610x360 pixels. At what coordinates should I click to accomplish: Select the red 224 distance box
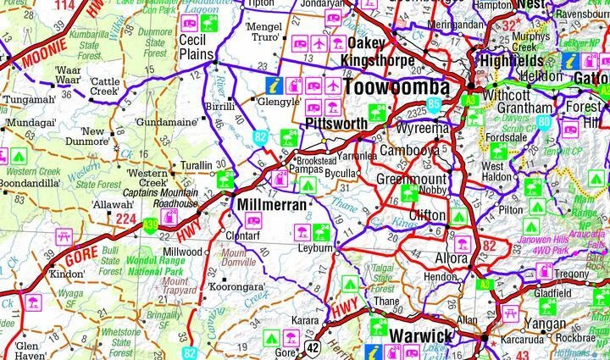coord(126,219)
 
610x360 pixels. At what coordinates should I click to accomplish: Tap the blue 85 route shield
coord(435,104)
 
